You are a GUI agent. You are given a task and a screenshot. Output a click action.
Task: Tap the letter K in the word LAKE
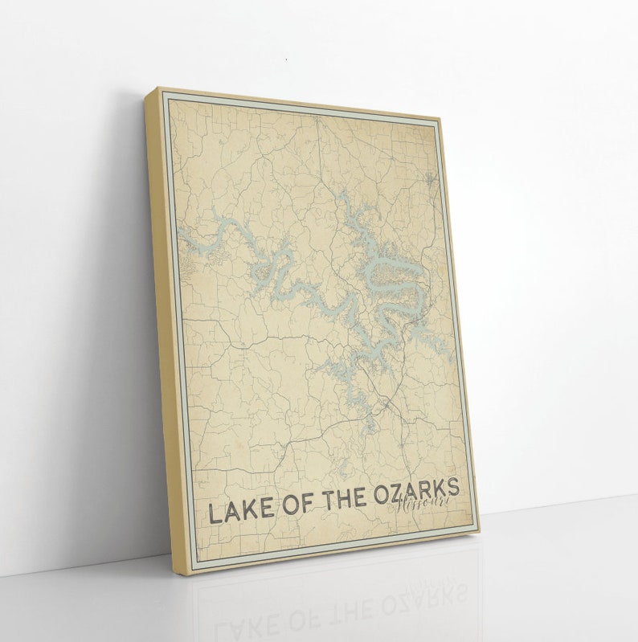tap(252, 509)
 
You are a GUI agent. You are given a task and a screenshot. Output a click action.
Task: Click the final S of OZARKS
tap(453, 486)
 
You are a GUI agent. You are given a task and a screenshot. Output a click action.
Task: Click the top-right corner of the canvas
tap(441, 119)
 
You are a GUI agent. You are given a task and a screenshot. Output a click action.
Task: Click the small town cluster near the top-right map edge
tap(431, 178)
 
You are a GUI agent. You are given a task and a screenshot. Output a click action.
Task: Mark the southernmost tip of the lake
tap(367, 431)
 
